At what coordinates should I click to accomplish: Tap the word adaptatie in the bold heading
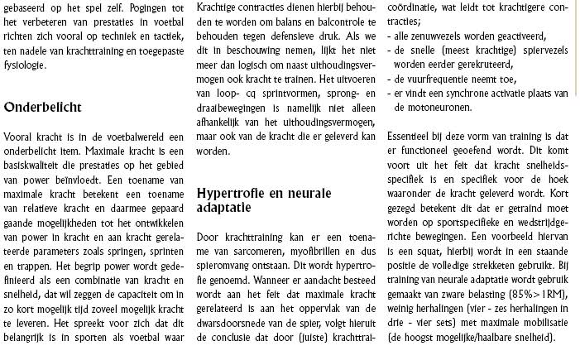point(229,208)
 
